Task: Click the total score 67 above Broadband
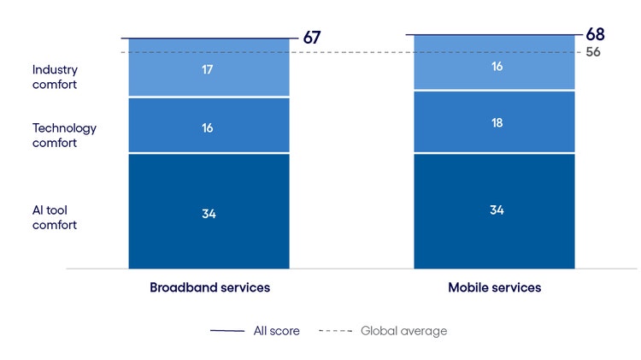[x=312, y=38]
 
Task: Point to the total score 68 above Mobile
[x=596, y=34]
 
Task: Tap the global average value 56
[x=594, y=52]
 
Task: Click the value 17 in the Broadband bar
[x=209, y=68]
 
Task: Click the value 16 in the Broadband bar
[x=209, y=127]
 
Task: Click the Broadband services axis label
[x=209, y=287]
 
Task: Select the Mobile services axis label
[x=494, y=287]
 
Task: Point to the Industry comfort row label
[x=55, y=77]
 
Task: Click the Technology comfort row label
[x=64, y=135]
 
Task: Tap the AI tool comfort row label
[x=55, y=217]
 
